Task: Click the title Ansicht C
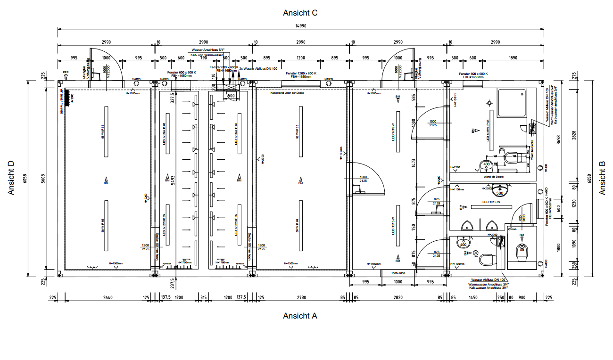(300, 13)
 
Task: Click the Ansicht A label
(300, 316)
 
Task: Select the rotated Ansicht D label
(12, 178)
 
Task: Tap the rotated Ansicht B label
(602, 178)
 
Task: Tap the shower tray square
(513, 104)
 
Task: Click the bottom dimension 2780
(301, 297)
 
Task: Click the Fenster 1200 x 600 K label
(301, 74)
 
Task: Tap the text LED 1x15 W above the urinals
(492, 202)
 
